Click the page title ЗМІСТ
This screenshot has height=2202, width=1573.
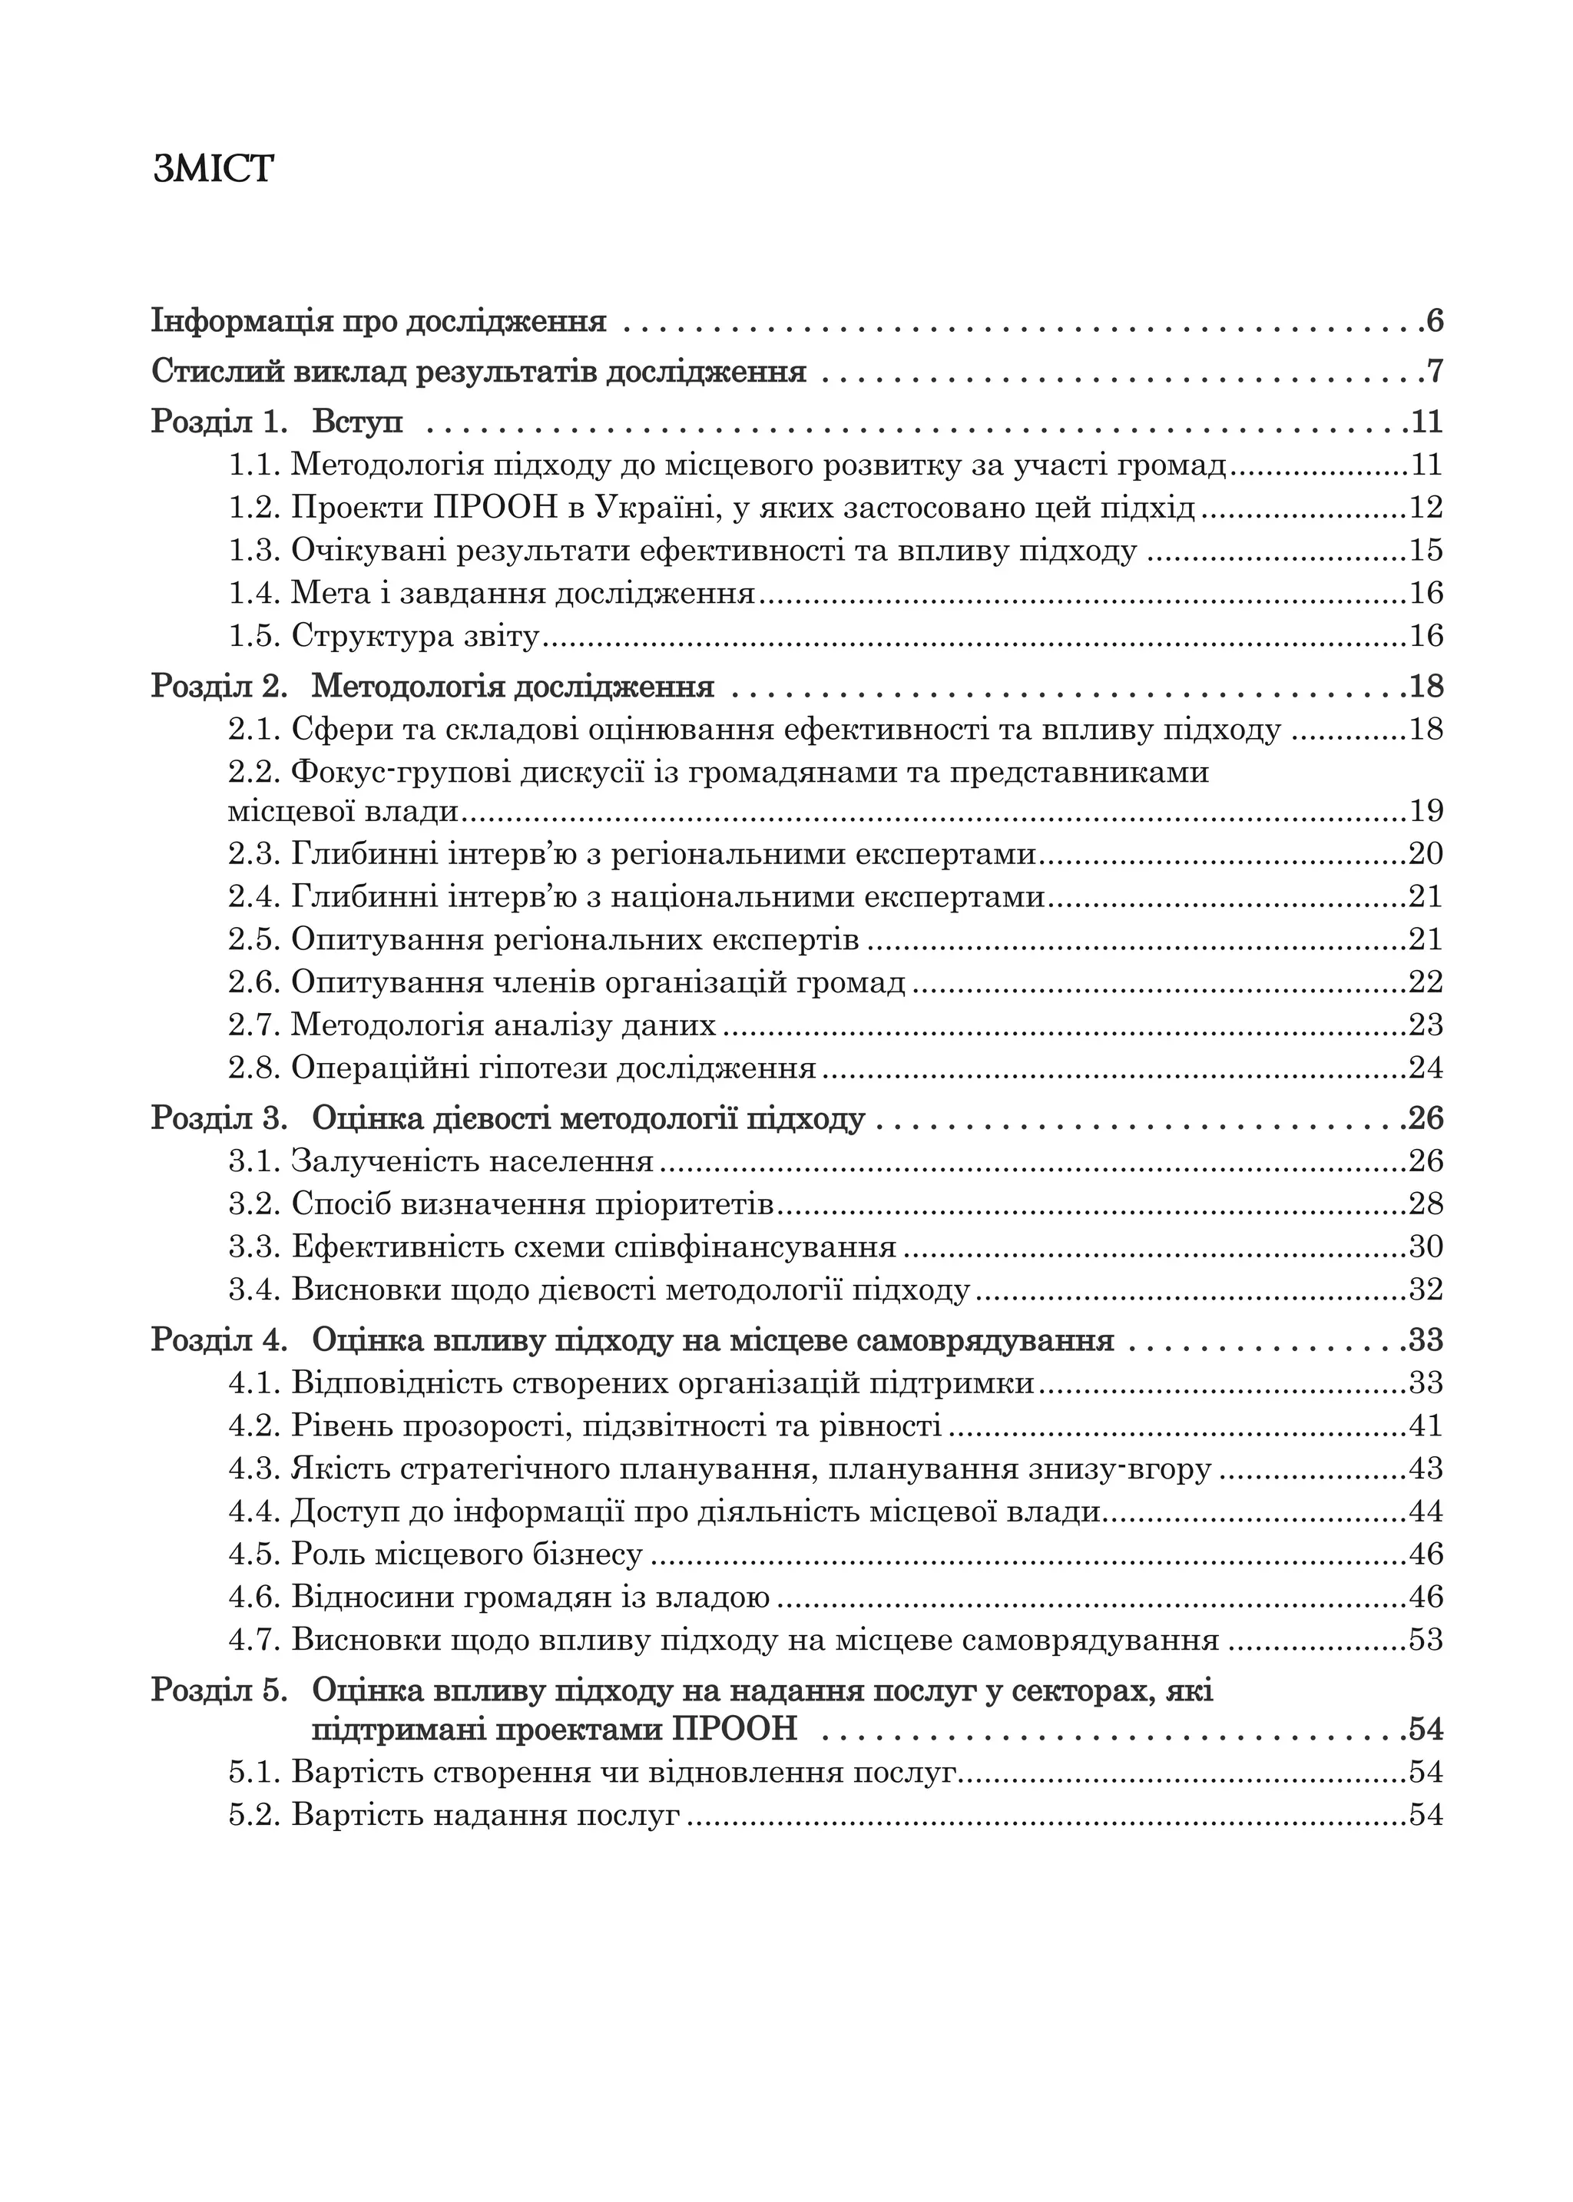213,170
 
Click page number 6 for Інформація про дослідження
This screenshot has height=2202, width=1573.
1435,320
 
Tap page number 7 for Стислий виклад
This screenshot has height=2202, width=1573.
1435,371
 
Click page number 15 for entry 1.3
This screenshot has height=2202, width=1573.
1426,550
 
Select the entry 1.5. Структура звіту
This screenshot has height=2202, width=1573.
383,636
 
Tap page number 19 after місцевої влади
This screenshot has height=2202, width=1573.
1426,810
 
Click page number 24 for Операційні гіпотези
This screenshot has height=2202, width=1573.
1426,1068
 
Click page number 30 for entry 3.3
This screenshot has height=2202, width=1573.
1426,1247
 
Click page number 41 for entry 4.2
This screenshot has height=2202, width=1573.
1426,1426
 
